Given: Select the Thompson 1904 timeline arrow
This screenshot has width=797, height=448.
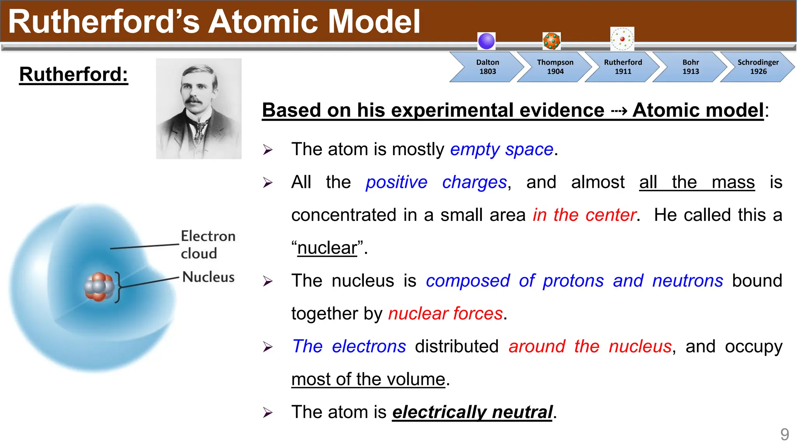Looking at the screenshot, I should tap(555, 67).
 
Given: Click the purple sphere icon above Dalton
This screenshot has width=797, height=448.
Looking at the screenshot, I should tap(486, 41).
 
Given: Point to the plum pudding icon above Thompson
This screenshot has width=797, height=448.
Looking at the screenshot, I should tap(551, 41).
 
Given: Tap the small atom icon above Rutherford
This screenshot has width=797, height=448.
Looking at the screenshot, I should tap(622, 39).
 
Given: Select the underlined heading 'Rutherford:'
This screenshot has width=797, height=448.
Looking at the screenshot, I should tap(74, 74).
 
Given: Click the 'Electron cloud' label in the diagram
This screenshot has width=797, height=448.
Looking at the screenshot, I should tap(207, 245).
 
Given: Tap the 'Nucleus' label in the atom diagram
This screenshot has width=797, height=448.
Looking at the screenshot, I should tap(208, 277).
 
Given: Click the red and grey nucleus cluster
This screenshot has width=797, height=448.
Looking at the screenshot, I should tap(99, 287).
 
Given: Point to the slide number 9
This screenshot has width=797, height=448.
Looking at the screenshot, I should tap(785, 434).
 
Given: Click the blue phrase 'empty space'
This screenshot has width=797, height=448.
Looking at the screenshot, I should tap(502, 149).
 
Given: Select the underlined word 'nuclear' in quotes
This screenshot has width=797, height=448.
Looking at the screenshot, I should tap(327, 248).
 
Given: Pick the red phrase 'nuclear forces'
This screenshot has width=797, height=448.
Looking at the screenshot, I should tap(446, 313).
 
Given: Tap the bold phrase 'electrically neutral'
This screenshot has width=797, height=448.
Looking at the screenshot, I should tap(472, 412).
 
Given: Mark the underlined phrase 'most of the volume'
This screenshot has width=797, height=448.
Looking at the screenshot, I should tap(368, 379).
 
